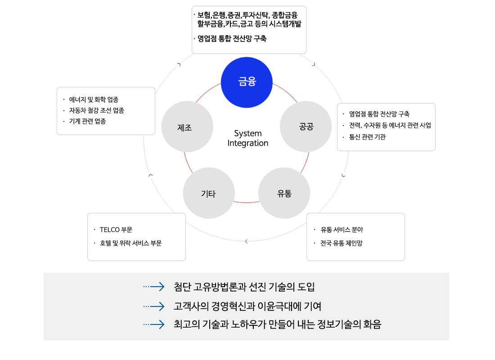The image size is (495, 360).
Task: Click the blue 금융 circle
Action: [x=247, y=82]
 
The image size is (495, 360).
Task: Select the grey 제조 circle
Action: [x=187, y=126]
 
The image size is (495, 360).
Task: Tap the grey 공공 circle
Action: [x=306, y=126]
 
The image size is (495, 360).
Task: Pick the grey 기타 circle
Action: [x=209, y=193]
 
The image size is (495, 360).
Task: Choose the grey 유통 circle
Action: [x=284, y=193]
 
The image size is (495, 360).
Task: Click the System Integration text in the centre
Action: [x=248, y=138]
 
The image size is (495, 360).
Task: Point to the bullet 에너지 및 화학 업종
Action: [x=94, y=100]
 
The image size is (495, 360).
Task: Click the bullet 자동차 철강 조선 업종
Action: [x=97, y=111]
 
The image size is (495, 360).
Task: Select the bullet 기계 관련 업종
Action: [x=87, y=121]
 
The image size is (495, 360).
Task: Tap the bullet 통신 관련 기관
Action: [x=367, y=137]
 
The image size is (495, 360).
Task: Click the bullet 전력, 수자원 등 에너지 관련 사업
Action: [x=390, y=126]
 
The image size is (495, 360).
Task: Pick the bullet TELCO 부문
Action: [x=116, y=230]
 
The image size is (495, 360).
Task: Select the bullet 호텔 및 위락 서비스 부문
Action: [x=130, y=243]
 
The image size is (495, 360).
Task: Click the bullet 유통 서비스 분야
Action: [x=342, y=230]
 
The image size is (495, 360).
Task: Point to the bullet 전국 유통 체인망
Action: [x=341, y=243]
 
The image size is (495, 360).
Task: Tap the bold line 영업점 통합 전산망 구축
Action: [x=232, y=39]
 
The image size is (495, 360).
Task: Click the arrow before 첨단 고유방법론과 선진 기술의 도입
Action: [x=154, y=287]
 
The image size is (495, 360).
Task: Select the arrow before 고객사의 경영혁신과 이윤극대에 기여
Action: [x=154, y=306]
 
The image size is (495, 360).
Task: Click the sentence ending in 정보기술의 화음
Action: [x=278, y=324]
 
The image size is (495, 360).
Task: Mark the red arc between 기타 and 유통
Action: [x=247, y=202]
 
